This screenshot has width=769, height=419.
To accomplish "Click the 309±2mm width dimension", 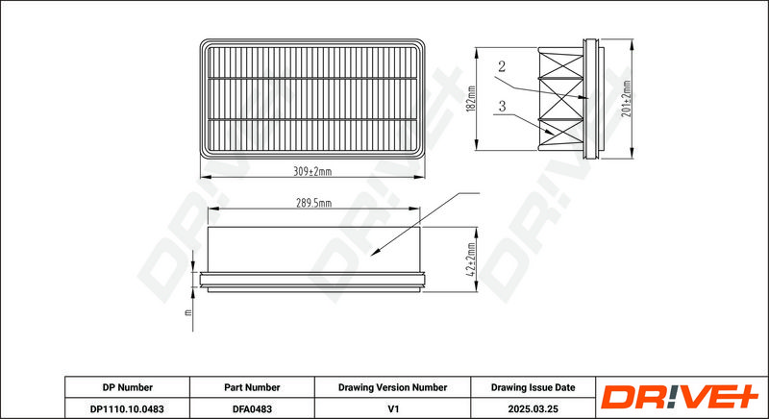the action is [x=312, y=171].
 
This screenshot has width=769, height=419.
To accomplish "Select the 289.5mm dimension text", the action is [x=313, y=204].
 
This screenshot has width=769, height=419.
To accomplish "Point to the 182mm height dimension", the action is [x=472, y=98].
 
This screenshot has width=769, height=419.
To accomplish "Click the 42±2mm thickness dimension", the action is [x=471, y=259].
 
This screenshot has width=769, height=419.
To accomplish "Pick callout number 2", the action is [x=501, y=66].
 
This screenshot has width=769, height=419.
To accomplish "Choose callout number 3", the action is [x=502, y=106].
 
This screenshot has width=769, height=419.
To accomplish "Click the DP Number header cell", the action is [x=128, y=387].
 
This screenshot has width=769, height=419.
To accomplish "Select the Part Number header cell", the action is [x=252, y=387].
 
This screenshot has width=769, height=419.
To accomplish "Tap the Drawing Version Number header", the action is [x=392, y=387].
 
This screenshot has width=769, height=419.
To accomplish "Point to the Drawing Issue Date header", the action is [x=533, y=387].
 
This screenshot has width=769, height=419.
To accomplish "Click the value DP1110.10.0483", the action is [x=128, y=408].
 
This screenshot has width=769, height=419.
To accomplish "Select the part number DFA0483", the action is [x=252, y=408].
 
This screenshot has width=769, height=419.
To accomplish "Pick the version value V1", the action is [x=392, y=408].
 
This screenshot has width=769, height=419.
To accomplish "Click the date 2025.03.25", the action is [x=533, y=408].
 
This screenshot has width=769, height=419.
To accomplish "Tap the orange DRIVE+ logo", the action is [x=680, y=397].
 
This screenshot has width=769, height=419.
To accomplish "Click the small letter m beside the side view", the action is [x=187, y=312].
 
